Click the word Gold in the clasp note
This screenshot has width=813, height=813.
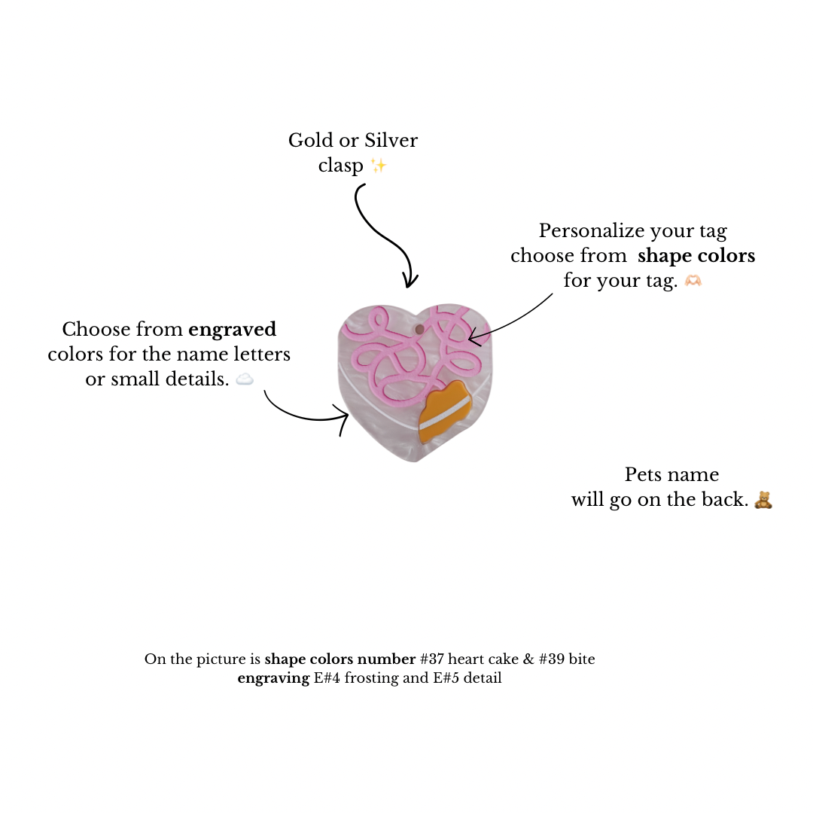pos(311,141)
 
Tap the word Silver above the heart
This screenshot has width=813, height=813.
pos(391,141)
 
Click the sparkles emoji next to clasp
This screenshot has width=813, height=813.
pos(379,166)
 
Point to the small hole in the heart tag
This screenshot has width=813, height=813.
pos(419,329)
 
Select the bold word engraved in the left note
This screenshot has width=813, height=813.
pos(233,330)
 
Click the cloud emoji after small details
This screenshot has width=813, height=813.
pos(245,379)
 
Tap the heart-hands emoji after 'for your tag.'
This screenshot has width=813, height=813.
pos(693,281)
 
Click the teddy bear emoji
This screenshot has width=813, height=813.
pos(763,500)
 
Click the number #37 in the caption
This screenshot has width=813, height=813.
pos(432,659)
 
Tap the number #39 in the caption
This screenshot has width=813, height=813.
pos(552,659)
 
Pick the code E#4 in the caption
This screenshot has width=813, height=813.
pos(327,678)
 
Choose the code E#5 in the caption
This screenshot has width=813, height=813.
pos(446,678)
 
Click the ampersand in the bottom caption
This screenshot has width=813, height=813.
pos(528,659)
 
